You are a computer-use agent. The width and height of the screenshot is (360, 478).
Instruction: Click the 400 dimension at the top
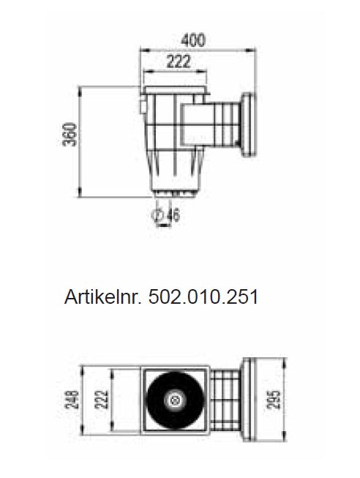pos(192,40)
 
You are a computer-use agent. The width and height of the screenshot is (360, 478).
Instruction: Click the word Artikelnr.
pos(103,298)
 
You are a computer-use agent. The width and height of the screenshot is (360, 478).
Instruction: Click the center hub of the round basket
pos(174,400)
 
